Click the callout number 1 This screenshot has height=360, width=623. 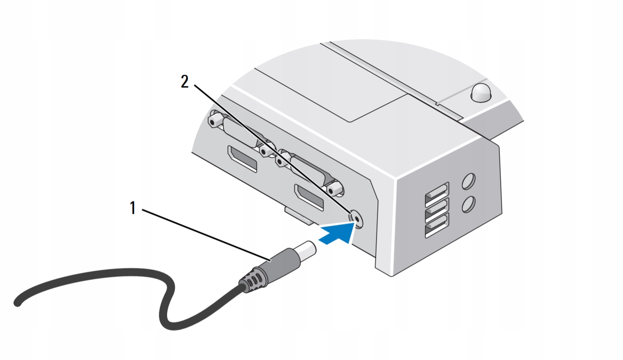[x=133, y=208]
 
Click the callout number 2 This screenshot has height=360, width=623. [x=184, y=82]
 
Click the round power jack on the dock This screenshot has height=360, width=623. [x=357, y=219]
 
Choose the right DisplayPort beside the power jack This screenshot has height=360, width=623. [x=309, y=197]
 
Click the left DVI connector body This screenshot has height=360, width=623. [x=239, y=135]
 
